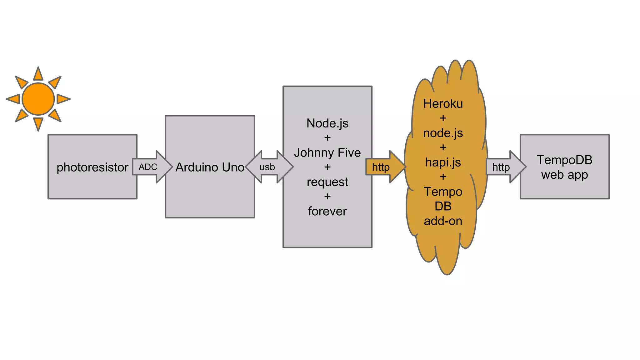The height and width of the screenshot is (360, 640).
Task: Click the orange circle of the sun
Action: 38,99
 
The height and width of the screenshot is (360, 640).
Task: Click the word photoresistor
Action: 92,167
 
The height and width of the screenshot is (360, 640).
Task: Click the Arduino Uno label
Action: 210,167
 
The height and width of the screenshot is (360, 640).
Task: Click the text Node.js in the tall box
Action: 327,123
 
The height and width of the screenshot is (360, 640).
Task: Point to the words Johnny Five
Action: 327,152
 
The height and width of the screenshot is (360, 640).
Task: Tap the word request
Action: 327,182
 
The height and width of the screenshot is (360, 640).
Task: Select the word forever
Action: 327,211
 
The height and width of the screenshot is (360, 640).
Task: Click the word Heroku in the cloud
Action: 443,104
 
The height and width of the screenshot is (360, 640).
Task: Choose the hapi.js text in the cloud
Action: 443,162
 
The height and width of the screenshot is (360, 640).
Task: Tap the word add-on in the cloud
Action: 443,221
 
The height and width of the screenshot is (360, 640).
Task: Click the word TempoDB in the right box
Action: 564,160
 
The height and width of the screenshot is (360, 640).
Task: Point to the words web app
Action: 564,175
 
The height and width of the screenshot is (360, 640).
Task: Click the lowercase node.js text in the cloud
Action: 443,133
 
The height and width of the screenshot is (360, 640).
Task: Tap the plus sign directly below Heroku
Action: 443,118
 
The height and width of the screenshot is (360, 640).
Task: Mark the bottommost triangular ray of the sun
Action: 38,123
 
